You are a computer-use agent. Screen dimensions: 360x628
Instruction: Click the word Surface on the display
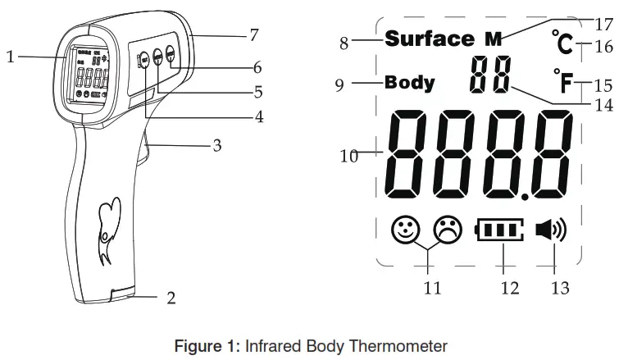429,39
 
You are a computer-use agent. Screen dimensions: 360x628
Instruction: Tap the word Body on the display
410,83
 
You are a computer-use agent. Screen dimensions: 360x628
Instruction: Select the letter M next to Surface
493,39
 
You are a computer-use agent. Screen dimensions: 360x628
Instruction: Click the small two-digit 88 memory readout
489,75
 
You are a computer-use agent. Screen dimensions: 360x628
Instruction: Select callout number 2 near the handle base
171,298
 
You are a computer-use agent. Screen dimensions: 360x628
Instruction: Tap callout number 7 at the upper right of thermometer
254,34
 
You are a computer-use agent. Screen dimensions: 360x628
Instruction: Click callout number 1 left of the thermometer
10,57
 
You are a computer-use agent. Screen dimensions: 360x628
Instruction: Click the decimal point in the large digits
524,195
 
